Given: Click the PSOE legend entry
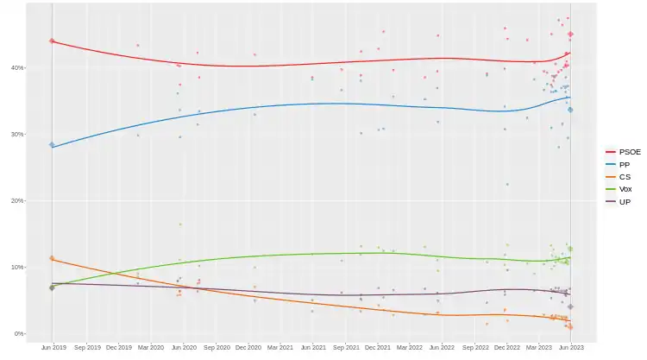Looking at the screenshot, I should point(624,152).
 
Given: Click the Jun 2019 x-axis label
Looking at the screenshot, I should point(53,348).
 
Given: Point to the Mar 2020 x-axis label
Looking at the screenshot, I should point(150,348).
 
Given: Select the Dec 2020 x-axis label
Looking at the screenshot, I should point(248,348).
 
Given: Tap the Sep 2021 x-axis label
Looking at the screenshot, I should point(345,348).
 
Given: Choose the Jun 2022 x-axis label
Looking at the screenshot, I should point(442,348).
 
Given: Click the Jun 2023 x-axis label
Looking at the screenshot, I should point(571,348).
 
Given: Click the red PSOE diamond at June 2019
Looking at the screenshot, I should point(52,41).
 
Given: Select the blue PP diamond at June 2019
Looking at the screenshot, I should point(52,145).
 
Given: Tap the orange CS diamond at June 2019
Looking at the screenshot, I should point(52,258).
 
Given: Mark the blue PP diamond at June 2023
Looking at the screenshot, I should point(571,110).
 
